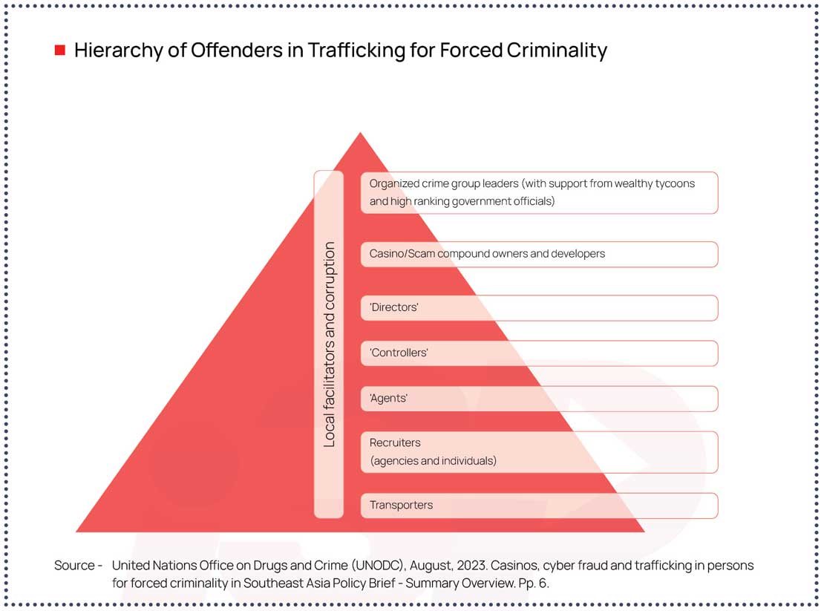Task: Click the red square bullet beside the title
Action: click(60, 50)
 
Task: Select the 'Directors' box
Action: click(539, 307)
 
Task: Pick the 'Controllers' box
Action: click(539, 353)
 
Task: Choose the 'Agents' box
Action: click(539, 398)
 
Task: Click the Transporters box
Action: click(539, 505)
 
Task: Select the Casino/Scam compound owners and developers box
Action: click(539, 254)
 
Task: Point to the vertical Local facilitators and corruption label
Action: click(330, 344)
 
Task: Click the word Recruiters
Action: click(395, 442)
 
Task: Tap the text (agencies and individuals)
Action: click(433, 461)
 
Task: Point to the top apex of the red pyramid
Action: click(360, 134)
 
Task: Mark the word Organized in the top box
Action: click(393, 183)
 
